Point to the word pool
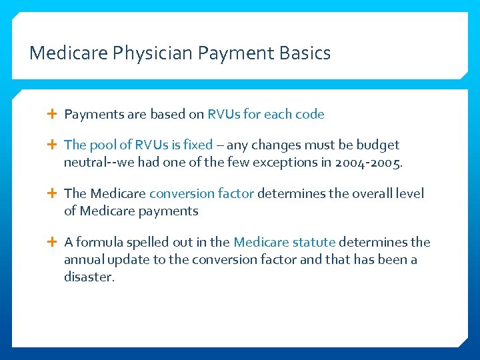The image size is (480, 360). [x=103, y=145]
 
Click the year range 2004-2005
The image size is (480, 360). [x=369, y=162]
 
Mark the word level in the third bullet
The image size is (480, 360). [x=408, y=193]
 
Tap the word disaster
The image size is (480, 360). [x=89, y=277]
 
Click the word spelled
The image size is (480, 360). [x=147, y=242]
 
